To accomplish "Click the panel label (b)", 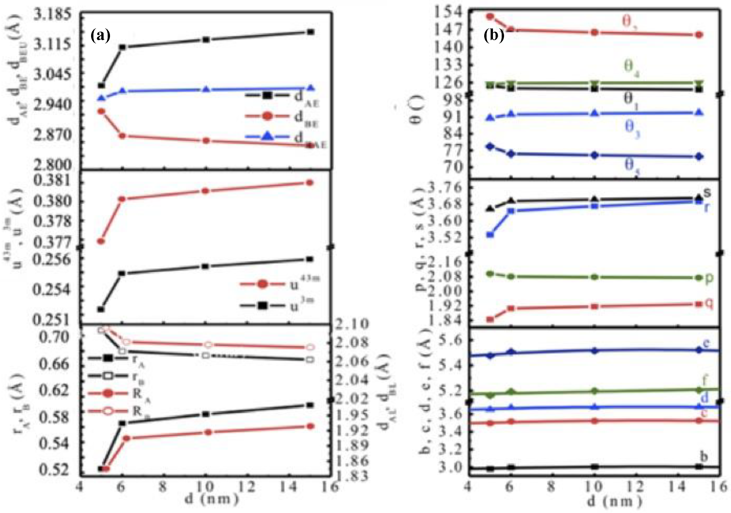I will pos(494,36).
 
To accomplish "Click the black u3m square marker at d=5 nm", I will pos(101,310).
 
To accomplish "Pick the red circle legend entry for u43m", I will pos(263,284).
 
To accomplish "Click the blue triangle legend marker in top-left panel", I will pos(267,136).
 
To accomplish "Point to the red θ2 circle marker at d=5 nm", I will pos(490,16).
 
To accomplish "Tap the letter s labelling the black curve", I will pos(707,192).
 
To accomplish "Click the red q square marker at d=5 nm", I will pos(490,319).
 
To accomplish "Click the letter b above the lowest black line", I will pos(704,456).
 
